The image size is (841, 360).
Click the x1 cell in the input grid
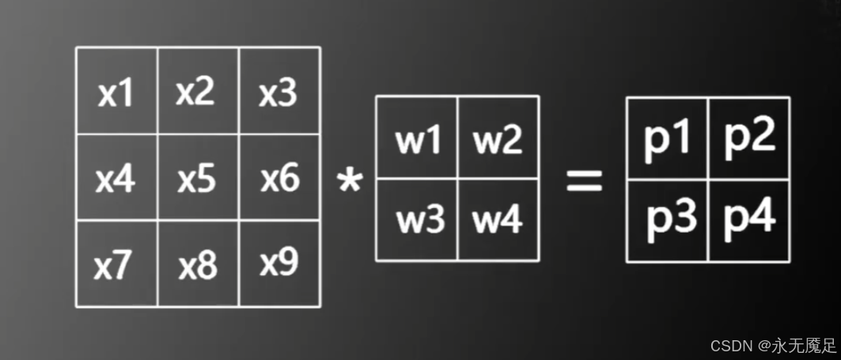(116, 92)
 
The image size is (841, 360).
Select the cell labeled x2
(197, 92)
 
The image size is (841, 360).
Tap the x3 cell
(279, 92)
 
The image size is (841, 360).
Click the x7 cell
(116, 264)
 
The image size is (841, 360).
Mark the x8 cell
(197, 264)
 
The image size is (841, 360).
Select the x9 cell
(279, 264)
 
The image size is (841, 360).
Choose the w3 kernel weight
(417, 219)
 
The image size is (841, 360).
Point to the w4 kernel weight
(498, 219)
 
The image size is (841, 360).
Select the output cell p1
(667, 138)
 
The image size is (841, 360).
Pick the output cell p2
(749, 138)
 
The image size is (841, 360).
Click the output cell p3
(667, 219)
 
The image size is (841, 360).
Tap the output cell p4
(749, 219)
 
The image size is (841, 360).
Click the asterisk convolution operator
(348, 183)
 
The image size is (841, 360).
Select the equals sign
(584, 181)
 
